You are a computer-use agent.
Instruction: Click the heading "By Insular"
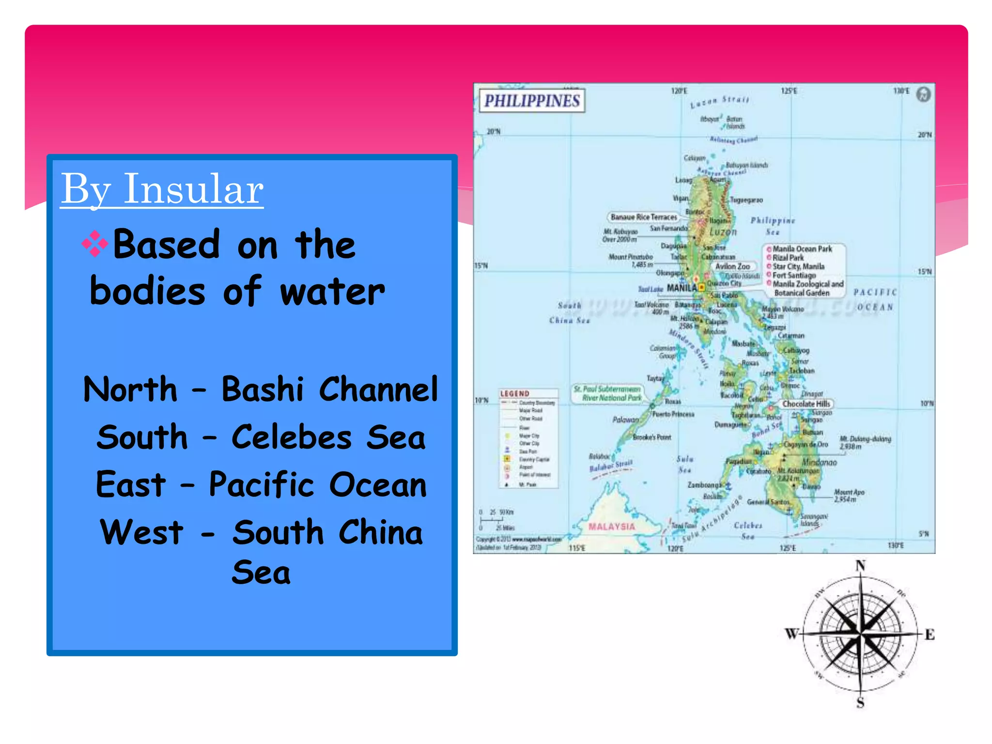[162, 189]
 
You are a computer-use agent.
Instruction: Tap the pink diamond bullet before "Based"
[95, 244]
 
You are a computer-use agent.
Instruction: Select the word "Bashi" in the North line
[263, 389]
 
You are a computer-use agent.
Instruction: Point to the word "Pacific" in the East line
[262, 484]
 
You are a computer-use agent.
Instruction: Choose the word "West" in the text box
[142, 532]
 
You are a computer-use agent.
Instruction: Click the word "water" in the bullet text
[332, 292]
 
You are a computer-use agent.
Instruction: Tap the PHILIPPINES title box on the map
[532, 101]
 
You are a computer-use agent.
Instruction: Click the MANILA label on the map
[682, 288]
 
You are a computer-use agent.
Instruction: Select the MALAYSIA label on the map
[611, 527]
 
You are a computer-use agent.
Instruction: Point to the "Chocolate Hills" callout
[806, 403]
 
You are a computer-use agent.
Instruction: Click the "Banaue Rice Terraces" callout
[643, 217]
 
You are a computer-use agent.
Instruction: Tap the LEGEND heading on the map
[514, 393]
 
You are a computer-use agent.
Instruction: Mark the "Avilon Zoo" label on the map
[732, 266]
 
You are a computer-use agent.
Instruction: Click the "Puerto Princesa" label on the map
[673, 414]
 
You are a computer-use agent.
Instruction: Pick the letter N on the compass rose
[860, 566]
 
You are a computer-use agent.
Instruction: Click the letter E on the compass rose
[930, 635]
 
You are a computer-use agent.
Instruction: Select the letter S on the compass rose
[860, 702]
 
